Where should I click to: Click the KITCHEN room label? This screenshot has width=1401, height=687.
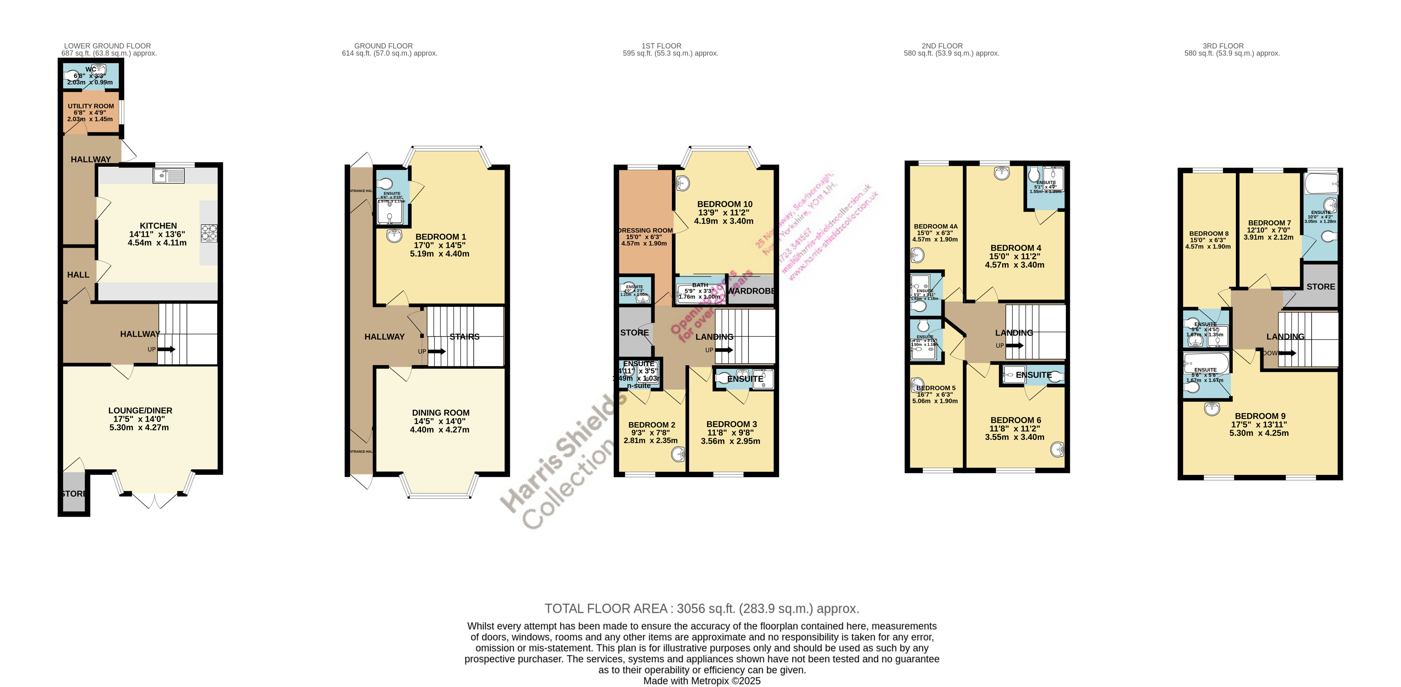tap(158, 226)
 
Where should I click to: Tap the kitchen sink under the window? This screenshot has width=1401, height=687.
tap(168, 175)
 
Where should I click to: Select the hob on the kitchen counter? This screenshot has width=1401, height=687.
tap(209, 232)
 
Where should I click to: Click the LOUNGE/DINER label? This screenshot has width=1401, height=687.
tap(140, 411)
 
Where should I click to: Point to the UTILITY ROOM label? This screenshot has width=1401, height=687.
tap(91, 106)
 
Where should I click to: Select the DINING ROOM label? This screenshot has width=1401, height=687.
tap(440, 413)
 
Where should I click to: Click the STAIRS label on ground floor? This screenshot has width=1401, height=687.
tap(464, 337)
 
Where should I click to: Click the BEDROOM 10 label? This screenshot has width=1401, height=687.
tap(725, 205)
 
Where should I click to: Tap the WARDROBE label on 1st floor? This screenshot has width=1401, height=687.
tap(751, 291)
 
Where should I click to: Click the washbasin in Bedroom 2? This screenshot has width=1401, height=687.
tap(678, 453)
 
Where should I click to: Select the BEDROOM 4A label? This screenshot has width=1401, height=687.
tap(935, 226)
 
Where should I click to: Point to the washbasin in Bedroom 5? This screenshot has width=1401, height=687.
tap(917, 386)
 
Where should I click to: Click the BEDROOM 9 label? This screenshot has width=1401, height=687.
tap(1260, 416)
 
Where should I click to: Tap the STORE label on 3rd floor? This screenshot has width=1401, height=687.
tap(1320, 287)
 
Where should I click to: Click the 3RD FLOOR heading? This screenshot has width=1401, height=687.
tap(1222, 46)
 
